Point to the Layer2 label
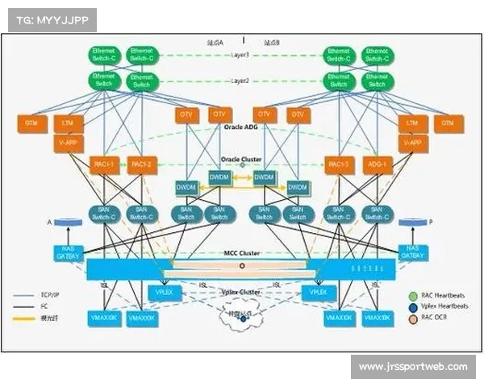pyautogui.click(x=240, y=81)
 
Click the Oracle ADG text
pyautogui.click(x=240, y=127)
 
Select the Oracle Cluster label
pyautogui.click(x=240, y=158)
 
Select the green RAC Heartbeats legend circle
pyautogui.click(x=413, y=296)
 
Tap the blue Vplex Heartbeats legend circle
pyautogui.click(x=413, y=306)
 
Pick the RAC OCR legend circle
pyautogui.click(x=413, y=318)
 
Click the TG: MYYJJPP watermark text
pyautogui.click(x=50, y=19)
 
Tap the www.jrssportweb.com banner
pyautogui.click(x=413, y=367)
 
